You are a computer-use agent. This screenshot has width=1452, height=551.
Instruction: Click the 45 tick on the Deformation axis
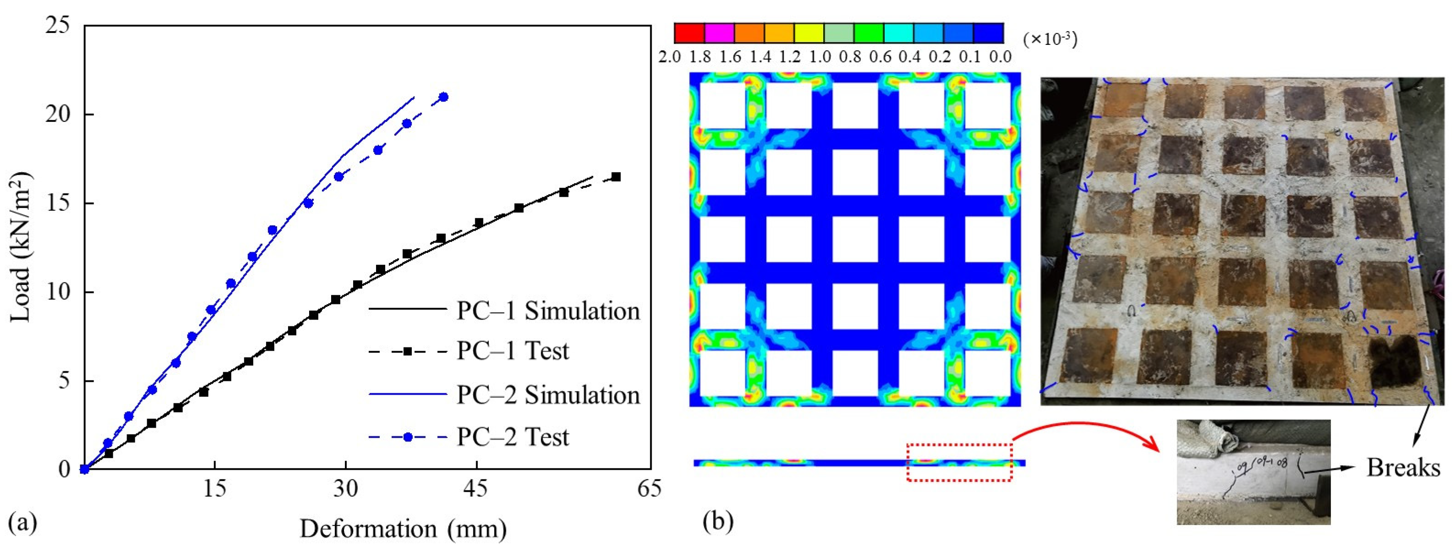point(477,488)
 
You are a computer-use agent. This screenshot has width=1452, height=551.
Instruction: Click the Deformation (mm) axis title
point(403,529)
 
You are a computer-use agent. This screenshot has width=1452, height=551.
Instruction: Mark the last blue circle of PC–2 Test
point(443,97)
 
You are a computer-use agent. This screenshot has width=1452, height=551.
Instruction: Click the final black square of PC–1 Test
point(616,177)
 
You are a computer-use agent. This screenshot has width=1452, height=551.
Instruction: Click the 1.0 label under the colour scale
point(820,57)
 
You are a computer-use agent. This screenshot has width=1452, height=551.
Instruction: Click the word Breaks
point(1403,468)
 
